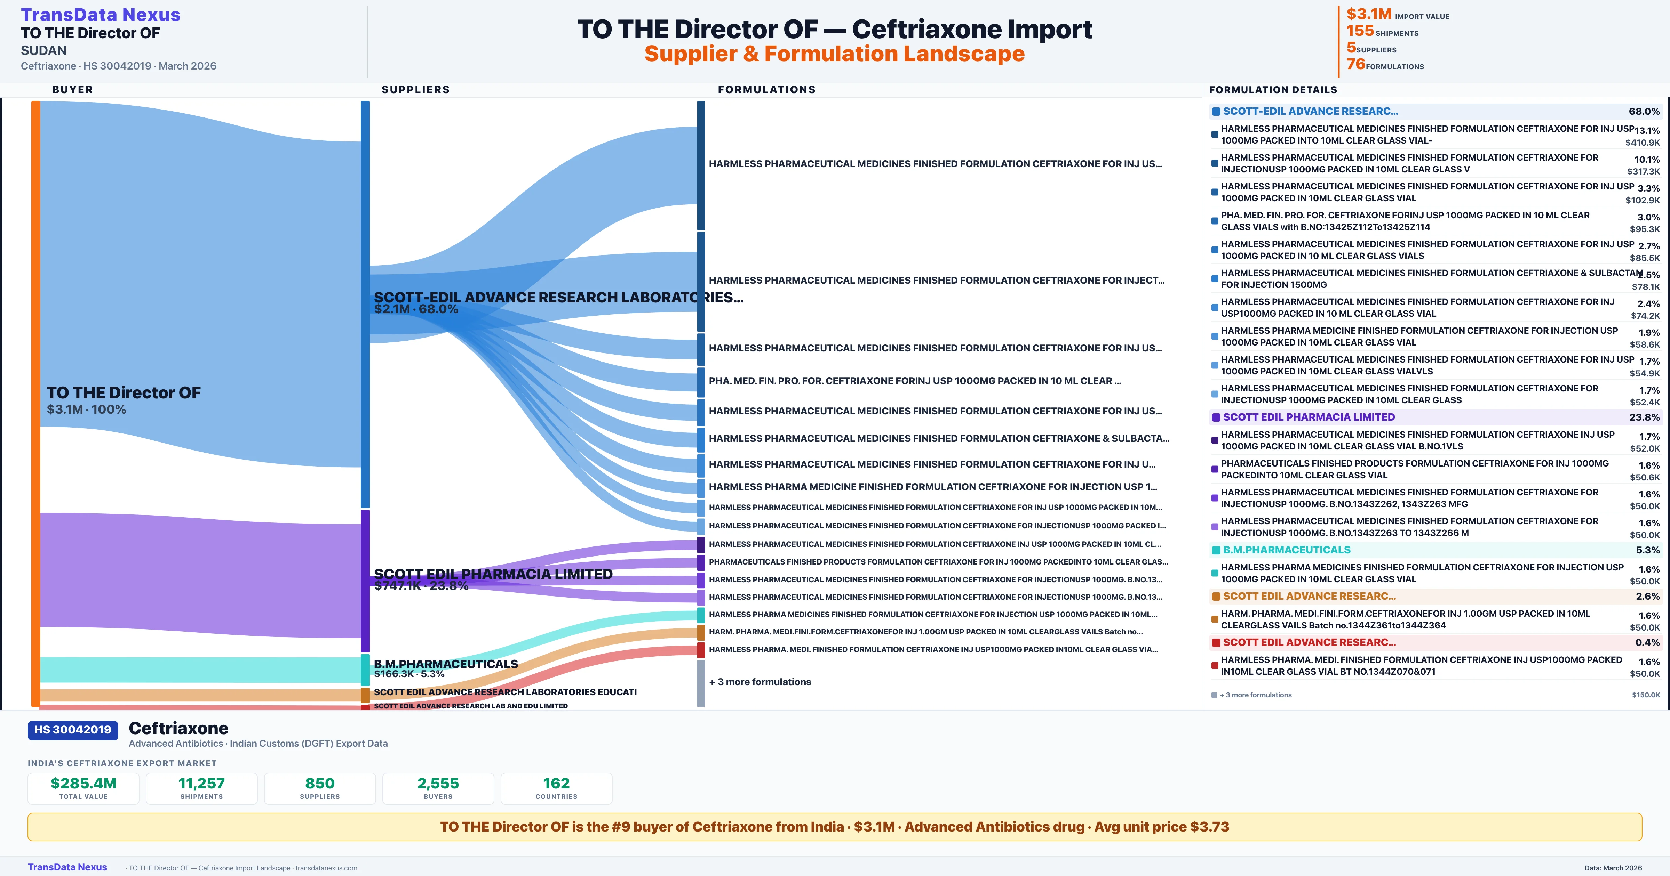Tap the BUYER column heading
[73, 89]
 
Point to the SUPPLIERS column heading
[415, 89]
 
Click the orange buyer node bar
[35, 402]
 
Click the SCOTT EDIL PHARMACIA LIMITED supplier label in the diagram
[493, 574]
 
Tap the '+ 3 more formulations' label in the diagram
[760, 682]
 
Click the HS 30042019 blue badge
[73, 730]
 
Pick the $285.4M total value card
[83, 788]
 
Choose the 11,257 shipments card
[202, 788]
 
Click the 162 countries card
[556, 788]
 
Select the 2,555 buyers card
[438, 788]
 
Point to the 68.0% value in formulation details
[1644, 112]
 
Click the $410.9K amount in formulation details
[1642, 143]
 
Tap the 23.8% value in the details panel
[1644, 417]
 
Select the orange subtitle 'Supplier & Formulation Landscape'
[834, 54]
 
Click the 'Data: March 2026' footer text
[1613, 868]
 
